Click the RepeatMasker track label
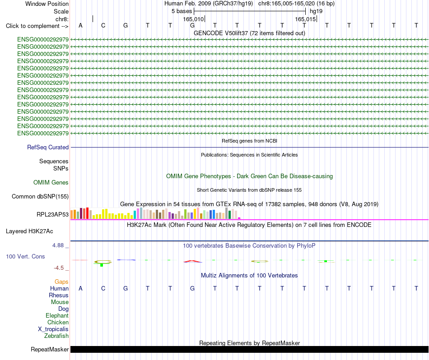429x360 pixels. (50, 349)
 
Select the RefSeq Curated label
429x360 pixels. (48, 147)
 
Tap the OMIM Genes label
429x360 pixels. (51, 182)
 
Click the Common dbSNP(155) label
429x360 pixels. (40, 197)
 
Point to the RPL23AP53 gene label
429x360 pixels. (52, 215)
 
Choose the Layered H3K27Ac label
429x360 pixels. (29, 231)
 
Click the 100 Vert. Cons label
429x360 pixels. (25, 256)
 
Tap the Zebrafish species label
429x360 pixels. (56, 336)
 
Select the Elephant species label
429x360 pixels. (57, 315)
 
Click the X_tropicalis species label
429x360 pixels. (53, 329)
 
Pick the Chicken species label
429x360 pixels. (58, 322)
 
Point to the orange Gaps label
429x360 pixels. (61, 282)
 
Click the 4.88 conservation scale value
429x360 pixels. (58, 245)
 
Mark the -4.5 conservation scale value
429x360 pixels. (59, 268)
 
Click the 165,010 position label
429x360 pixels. (193, 19)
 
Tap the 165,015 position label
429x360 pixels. (305, 19)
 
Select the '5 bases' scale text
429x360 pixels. (182, 11)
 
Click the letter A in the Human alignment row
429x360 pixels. (80, 288)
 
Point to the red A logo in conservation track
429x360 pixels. (193, 261)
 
